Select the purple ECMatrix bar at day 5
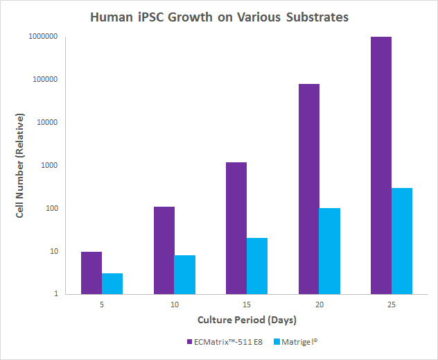pos(91,273)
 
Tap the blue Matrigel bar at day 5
pos(112,284)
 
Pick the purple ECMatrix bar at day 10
pos(164,250)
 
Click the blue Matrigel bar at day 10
pos(184,275)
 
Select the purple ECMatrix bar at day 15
pos(236,228)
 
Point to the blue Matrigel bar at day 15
pos(257,266)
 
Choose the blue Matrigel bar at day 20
pos(330,251)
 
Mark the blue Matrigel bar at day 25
pos(402,241)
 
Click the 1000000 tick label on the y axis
pos(43,36)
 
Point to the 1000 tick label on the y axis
pos(51,165)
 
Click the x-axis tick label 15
pos(247,304)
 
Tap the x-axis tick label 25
pos(392,304)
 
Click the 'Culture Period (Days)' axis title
pos(247,320)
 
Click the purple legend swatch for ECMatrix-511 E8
pos(189,341)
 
